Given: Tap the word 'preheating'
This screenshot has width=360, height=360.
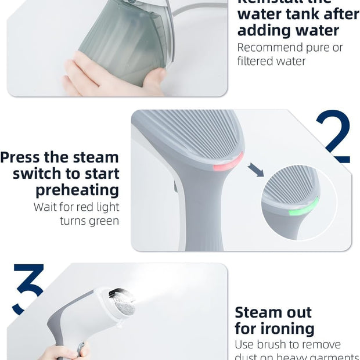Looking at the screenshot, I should (77, 190).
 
